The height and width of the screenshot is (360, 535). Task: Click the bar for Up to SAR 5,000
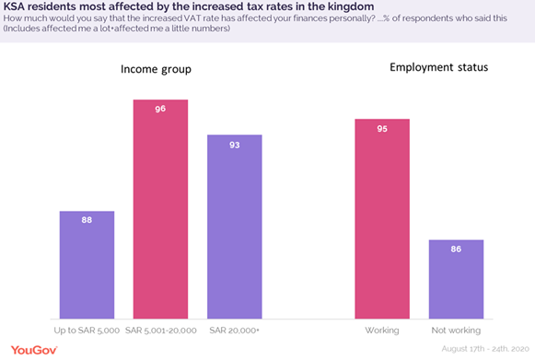[x=87, y=265]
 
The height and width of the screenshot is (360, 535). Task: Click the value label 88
[x=87, y=220]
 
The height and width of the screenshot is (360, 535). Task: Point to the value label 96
[x=160, y=108]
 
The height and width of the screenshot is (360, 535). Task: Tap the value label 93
[x=234, y=144]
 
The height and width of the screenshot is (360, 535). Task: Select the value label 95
[x=381, y=127]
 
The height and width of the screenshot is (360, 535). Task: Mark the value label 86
[x=455, y=249]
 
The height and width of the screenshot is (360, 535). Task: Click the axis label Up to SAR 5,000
[x=87, y=330]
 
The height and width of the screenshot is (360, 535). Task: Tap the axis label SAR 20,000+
[x=234, y=330]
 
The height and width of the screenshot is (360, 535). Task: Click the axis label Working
[x=381, y=330]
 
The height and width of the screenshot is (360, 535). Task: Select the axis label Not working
[x=455, y=330]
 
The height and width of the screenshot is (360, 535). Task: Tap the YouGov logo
[x=32, y=350]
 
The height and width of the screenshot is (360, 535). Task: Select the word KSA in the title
[x=16, y=6]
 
